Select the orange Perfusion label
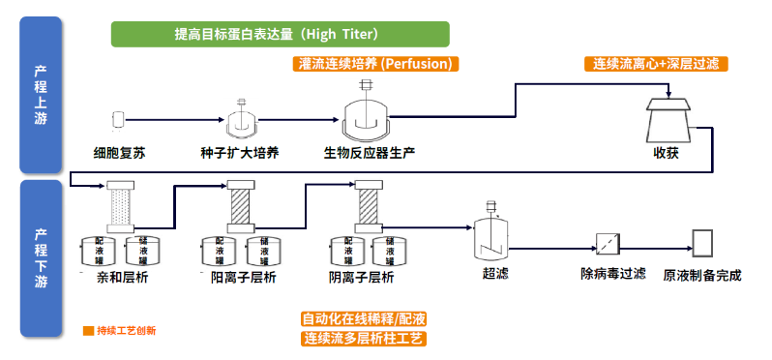pos(374,64)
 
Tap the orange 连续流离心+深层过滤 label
pos(656,64)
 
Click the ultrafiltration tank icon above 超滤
pos(493,234)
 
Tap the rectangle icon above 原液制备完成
pos(702,241)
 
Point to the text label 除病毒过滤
pos(612,274)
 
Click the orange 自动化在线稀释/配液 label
pos(364,318)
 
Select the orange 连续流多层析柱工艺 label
pos(364,339)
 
